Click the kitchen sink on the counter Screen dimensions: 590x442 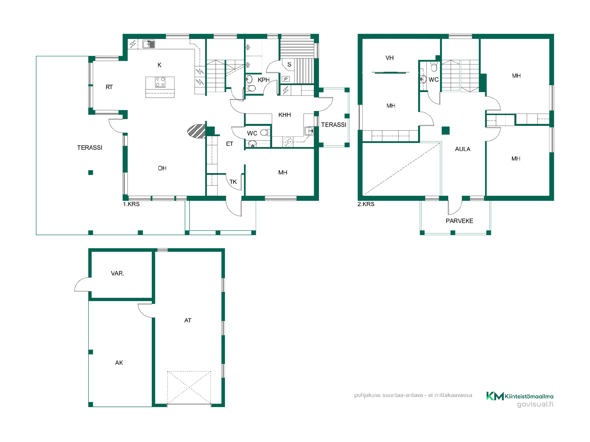[x=149, y=44]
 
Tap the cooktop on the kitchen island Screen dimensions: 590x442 [x=160, y=82]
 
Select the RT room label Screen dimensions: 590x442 [x=109, y=87]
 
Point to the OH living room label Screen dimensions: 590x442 [x=162, y=168]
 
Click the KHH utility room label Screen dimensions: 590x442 [x=285, y=115]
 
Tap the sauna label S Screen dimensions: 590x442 [x=289, y=65]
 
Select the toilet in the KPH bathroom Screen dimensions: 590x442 [x=251, y=88]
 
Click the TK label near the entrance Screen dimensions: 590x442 [x=233, y=182]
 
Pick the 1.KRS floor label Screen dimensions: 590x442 [x=131, y=204]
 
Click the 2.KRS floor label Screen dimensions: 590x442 [x=366, y=204]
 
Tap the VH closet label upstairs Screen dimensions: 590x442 [x=390, y=58]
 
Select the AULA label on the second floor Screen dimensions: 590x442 [x=462, y=149]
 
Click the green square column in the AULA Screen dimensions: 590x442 [x=446, y=130]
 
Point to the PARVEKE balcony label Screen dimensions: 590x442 [x=459, y=221]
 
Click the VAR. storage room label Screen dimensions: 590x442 [x=117, y=273]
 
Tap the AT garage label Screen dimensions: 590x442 [x=188, y=320]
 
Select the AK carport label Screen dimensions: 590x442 [x=119, y=363]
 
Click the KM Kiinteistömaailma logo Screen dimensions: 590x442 [x=520, y=396]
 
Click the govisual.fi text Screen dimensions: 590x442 [x=535, y=404]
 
